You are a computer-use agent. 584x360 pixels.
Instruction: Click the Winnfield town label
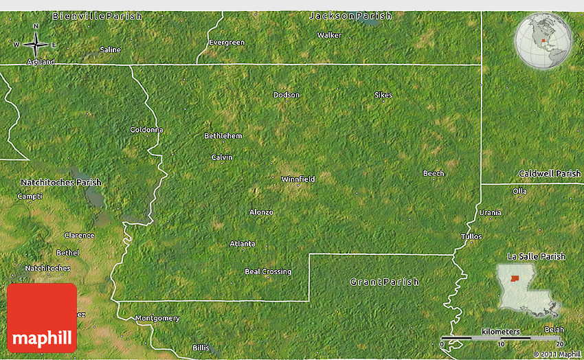tap(298, 179)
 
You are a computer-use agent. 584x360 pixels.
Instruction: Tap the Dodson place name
tap(287, 95)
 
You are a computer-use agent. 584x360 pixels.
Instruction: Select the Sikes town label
tap(383, 95)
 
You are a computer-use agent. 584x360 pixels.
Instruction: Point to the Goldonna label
tap(147, 129)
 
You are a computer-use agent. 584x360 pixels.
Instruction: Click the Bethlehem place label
tap(223, 136)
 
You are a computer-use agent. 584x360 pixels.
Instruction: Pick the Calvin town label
tap(222, 157)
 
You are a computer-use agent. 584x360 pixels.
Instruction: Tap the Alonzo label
tap(261, 212)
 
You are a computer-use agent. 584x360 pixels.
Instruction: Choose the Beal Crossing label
tap(268, 271)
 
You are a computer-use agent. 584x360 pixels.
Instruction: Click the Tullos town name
tap(471, 236)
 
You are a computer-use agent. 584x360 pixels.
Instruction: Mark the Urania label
tap(491, 212)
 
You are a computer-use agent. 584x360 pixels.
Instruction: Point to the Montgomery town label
tap(157, 318)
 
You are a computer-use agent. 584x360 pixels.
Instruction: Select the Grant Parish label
tap(384, 282)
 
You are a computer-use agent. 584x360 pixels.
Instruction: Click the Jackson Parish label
tap(350, 16)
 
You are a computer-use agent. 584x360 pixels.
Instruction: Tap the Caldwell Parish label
tap(550, 174)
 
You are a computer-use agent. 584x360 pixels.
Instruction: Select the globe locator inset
tap(543, 41)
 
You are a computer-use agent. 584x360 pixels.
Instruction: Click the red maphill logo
tap(42, 318)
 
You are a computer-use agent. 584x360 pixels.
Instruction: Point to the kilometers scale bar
tap(502, 338)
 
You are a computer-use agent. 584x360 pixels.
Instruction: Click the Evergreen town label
tap(227, 43)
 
